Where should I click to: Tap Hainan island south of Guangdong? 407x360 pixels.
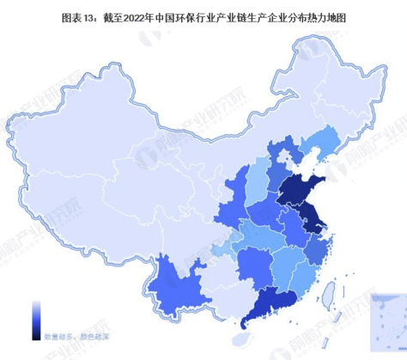(x=247, y=336)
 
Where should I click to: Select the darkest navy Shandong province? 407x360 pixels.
(x=301, y=191)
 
